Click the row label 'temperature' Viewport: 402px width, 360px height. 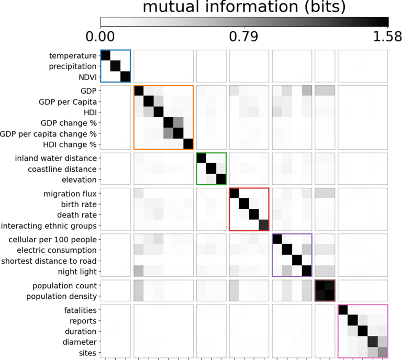(73, 55)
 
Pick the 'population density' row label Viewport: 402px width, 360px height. (64, 297)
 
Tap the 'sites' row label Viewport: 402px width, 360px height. (87, 353)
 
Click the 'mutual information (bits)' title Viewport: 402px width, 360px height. (244, 7)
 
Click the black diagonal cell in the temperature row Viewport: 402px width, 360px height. (105, 56)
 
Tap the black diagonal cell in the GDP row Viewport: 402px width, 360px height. (139, 91)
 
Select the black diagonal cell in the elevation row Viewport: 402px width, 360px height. (221, 179)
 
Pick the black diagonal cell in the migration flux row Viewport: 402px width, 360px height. (234, 194)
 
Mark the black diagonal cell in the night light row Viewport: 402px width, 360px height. (306, 271)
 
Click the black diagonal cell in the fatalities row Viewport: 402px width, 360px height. (343, 310)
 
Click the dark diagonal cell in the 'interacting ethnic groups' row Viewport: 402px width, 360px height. (263, 225)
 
